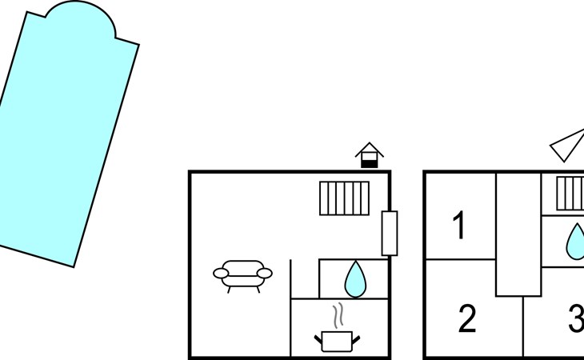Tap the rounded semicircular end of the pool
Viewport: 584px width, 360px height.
[79, 21]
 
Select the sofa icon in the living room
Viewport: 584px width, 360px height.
[242, 274]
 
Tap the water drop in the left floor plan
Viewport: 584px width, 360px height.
[354, 278]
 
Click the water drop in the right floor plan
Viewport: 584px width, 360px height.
[576, 241]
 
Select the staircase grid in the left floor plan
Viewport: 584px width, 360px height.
[345, 198]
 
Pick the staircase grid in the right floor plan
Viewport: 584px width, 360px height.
[570, 194]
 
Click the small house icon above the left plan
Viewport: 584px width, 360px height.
[369, 155]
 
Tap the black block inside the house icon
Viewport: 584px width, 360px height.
[369, 163]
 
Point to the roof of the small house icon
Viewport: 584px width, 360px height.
[369, 148]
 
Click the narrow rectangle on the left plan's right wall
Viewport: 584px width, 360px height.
[390, 233]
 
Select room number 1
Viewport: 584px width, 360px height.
[459, 226]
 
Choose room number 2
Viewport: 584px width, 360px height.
[467, 319]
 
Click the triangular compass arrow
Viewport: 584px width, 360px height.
[568, 145]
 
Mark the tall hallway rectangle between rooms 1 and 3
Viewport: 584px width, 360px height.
[518, 234]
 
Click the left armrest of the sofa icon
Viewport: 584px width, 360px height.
[221, 274]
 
